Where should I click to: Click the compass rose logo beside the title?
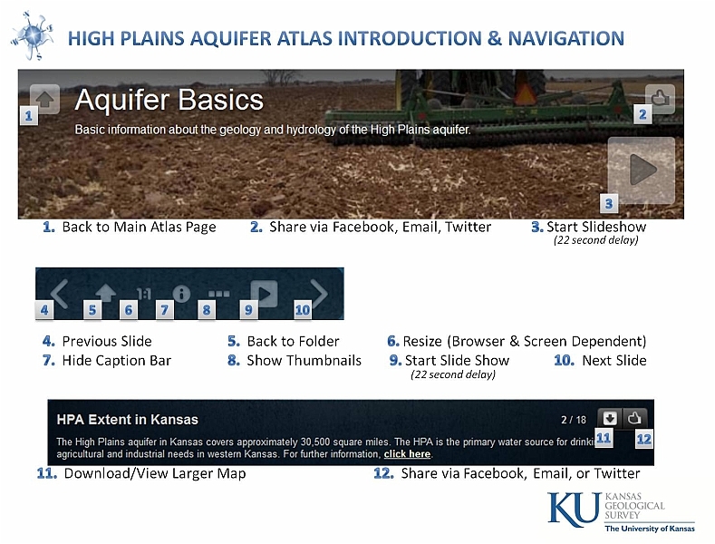32,35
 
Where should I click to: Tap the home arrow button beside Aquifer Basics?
44,99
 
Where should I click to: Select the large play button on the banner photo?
642,170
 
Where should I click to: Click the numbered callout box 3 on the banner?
609,203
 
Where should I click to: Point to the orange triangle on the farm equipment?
525,93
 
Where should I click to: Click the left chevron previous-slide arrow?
60,294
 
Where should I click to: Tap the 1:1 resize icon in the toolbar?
144,294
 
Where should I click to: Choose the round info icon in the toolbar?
181,294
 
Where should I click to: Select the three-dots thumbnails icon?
219,294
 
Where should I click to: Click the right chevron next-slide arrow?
319,293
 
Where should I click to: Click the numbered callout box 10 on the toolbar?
303,310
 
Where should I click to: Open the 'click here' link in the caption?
407,454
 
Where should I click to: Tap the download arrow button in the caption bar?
610,418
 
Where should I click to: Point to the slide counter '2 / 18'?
574,420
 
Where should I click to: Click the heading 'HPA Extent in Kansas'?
127,420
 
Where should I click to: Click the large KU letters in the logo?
575,509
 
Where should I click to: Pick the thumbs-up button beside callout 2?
660,99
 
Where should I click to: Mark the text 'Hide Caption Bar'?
117,361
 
